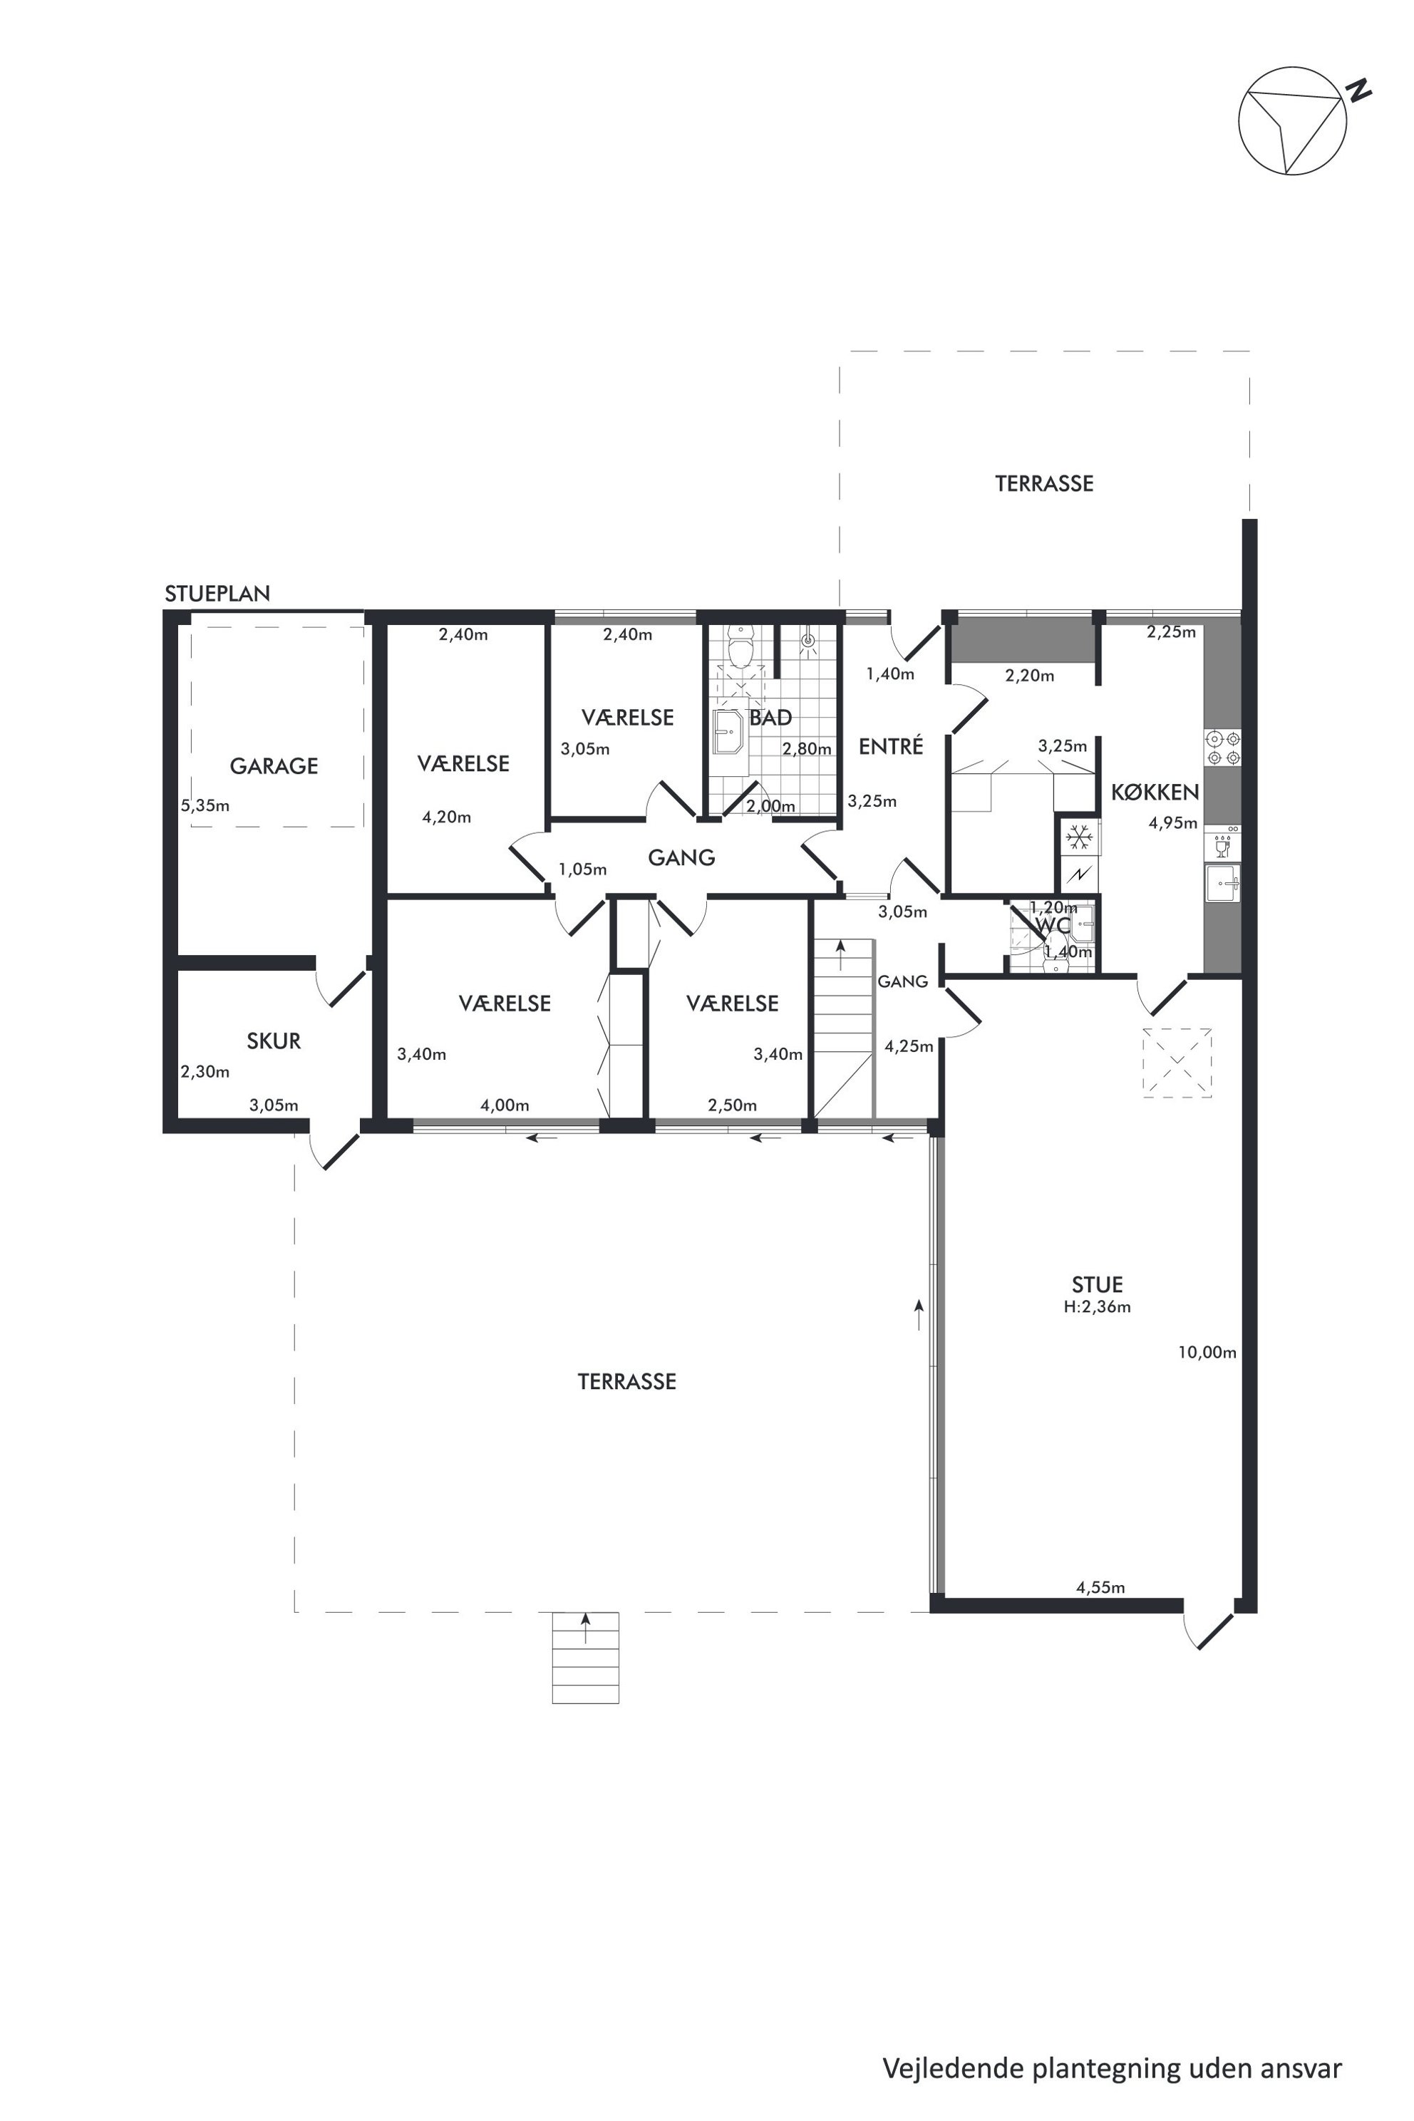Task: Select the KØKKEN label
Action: point(1155,793)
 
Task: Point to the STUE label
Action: point(1097,1285)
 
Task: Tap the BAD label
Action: point(770,718)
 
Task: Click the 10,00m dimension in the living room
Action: point(1207,1353)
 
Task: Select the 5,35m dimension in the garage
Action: point(205,805)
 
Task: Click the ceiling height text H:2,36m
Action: point(1097,1306)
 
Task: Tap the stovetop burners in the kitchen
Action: point(1223,748)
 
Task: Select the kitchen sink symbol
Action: point(1223,884)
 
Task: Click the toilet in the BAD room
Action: point(740,647)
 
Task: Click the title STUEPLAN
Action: point(217,594)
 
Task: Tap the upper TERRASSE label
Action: point(1044,483)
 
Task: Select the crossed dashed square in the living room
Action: point(1177,1063)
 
